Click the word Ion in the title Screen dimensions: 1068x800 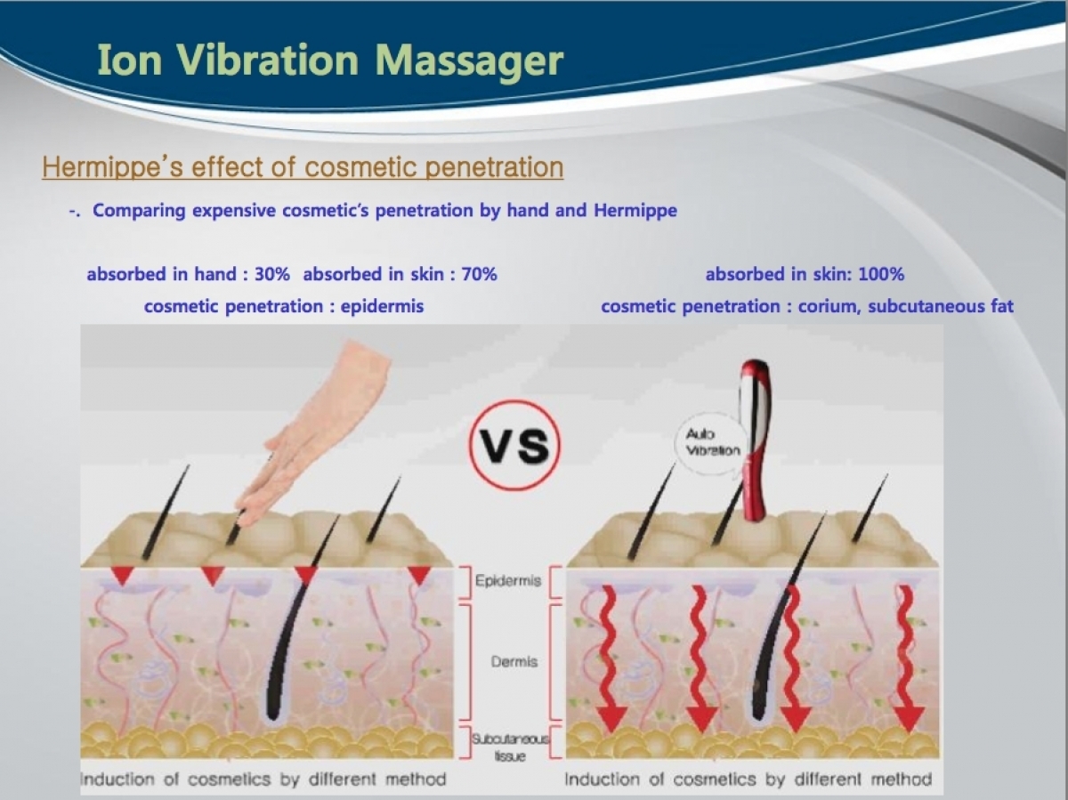pos(129,61)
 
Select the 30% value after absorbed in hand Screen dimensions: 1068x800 pos(272,274)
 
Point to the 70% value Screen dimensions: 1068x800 pos(479,274)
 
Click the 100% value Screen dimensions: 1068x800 pos(881,274)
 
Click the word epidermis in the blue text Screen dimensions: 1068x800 pos(382,307)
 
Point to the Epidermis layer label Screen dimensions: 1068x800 pos(508,581)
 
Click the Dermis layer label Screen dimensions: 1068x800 pos(514,661)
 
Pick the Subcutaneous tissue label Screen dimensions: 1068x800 pos(510,747)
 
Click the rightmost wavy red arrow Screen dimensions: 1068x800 pos(906,659)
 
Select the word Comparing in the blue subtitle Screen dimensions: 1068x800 pos(139,211)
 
